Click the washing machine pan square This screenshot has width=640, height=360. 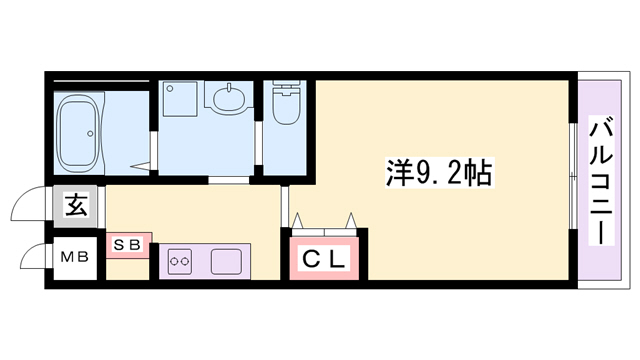(x=182, y=100)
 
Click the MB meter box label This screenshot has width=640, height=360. (x=76, y=257)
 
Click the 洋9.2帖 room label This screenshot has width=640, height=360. (x=437, y=173)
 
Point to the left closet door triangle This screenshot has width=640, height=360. (x=298, y=220)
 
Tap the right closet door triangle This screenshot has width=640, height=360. (x=350, y=220)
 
